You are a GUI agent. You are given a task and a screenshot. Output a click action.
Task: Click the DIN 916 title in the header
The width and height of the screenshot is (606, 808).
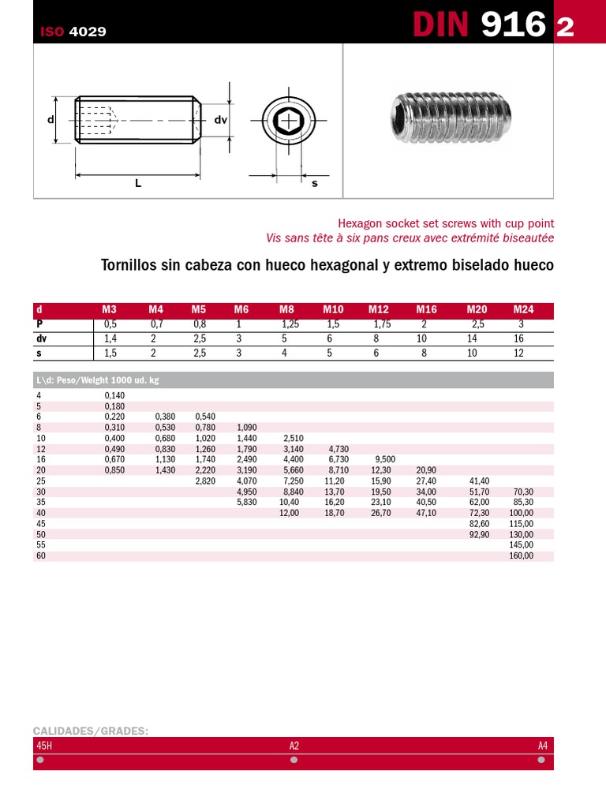tap(480, 25)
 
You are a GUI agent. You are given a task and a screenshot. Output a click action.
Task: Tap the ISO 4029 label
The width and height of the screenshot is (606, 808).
tap(73, 32)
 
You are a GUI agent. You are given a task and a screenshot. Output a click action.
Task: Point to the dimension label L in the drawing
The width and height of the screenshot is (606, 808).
tap(138, 183)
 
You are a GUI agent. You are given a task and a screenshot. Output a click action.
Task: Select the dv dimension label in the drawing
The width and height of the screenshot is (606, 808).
tap(220, 120)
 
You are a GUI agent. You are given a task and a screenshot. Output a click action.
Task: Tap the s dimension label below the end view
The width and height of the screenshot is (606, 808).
tap(314, 183)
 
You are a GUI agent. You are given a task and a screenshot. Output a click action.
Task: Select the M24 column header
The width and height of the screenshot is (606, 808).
tap(523, 310)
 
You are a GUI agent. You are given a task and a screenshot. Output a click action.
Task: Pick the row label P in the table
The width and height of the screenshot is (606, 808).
tap(39, 324)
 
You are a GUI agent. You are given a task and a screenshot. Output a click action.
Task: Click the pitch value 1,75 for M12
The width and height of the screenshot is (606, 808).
tap(382, 324)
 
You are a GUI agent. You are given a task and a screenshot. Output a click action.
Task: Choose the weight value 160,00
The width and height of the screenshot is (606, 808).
tap(522, 555)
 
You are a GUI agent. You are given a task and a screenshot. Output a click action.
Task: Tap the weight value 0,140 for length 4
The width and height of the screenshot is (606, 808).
tap(114, 395)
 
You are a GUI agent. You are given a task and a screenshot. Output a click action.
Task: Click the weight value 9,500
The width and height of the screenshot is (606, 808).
tap(385, 459)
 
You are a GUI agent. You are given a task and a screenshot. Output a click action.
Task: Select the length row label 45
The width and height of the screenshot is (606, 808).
tap(41, 524)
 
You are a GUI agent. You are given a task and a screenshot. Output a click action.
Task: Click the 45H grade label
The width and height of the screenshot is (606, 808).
tap(44, 746)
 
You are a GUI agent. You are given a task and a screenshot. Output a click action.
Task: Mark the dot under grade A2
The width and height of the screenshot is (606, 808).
tap(294, 760)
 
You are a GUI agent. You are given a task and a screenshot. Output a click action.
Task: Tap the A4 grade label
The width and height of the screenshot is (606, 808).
tap(542, 746)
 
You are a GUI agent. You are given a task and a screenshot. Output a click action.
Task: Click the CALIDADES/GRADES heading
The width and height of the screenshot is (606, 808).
tap(91, 731)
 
